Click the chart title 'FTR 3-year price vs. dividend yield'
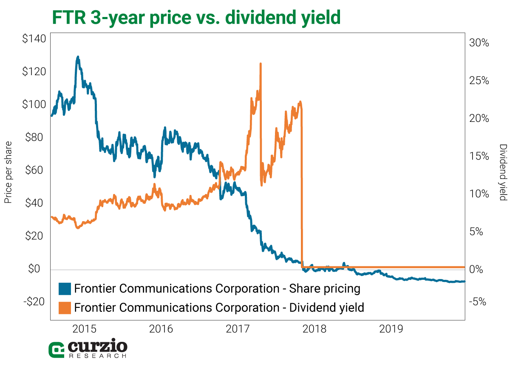(x=196, y=18)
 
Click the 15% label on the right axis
(x=480, y=156)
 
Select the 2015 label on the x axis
(x=85, y=329)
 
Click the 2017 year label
(x=237, y=329)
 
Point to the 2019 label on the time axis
(x=391, y=329)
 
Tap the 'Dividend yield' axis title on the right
(x=503, y=172)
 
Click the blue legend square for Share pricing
(x=64, y=289)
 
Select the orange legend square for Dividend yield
(x=64, y=307)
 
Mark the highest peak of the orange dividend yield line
(x=260, y=64)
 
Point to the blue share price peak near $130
(x=78, y=56)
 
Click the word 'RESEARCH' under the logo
(x=97, y=356)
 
